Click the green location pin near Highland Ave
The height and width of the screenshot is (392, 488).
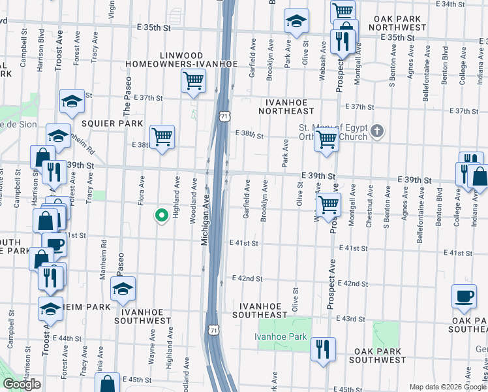pos(160,215)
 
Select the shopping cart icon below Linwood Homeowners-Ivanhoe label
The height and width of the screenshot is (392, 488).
pos(193,82)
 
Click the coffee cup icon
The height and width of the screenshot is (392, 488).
pos(464,296)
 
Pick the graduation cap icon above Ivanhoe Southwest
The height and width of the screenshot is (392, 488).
pos(122,289)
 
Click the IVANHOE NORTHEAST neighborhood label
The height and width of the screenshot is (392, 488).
pos(290,107)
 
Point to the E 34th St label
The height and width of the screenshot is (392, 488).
pos(456,4)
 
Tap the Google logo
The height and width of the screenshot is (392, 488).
pos(22,384)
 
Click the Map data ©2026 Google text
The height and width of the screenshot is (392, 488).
pos(448,387)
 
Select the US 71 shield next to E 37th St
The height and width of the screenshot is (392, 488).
pos(224,116)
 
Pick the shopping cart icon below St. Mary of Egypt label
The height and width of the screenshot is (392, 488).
pos(326,139)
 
